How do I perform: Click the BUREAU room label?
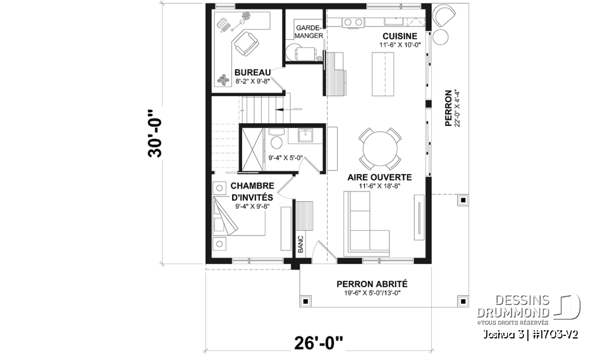tap(253, 72)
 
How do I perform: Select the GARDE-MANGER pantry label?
tap(309, 31)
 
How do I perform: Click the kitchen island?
tap(383, 75)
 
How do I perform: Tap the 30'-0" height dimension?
tap(156, 134)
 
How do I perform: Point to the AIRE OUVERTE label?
tap(380, 178)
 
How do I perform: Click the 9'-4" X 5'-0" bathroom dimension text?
tap(286, 159)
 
